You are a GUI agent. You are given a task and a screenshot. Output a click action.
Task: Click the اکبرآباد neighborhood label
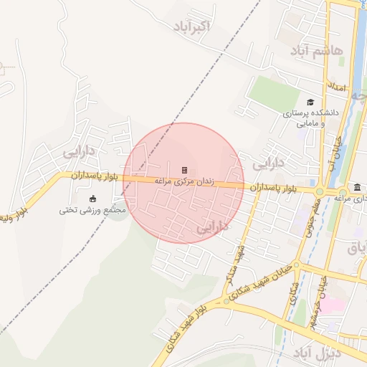(x=191, y=27)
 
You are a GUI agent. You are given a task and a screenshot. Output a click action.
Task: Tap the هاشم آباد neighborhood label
(x=318, y=50)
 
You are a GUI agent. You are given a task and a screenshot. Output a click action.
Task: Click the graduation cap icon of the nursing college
(x=310, y=102)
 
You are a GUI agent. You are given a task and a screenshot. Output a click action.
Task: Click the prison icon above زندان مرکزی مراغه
(x=184, y=170)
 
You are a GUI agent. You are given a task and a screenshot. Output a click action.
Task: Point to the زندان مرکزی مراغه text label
(x=184, y=182)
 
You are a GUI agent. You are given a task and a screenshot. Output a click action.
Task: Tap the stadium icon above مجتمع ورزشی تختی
(x=92, y=199)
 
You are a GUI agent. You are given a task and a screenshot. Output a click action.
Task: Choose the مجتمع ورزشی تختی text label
(x=92, y=210)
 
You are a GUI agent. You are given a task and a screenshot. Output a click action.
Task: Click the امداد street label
(x=337, y=88)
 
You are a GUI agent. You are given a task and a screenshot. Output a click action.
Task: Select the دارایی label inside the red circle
(x=213, y=226)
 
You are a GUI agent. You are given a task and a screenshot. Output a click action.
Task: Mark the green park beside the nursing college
(x=271, y=92)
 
